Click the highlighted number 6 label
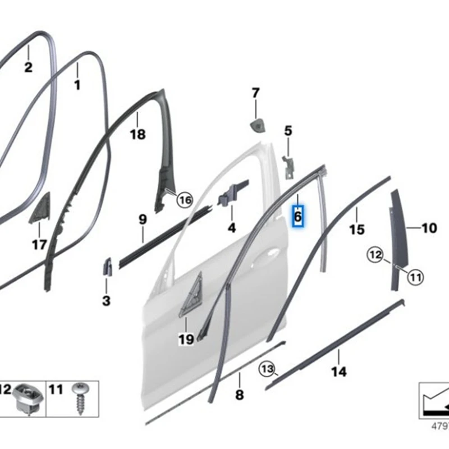pos(298,216)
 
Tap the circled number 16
pos(185,200)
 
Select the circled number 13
pos(267,369)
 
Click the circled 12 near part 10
pos(375,255)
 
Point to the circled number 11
pos(415,277)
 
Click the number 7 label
pos(255,93)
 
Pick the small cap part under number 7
pos(258,126)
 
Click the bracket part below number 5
pos(288,167)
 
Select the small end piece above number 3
pos(108,266)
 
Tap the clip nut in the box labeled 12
pos(28,397)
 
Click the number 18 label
pos(138,134)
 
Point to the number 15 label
pos(357,229)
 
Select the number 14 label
pos(339,372)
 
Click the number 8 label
pos(240,395)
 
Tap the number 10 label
pos(429,228)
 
